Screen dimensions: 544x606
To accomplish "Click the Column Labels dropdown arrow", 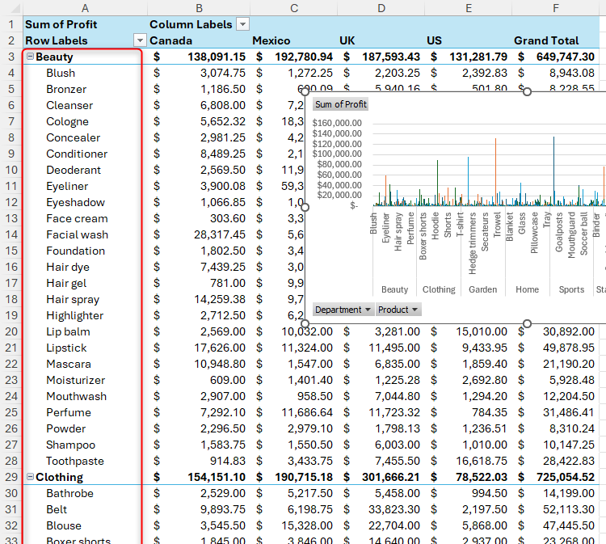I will [242, 24].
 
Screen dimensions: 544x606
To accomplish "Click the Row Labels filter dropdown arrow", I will [140, 40].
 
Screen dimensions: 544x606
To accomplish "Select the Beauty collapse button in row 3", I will [30, 57].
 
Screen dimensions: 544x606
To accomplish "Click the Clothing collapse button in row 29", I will [30, 478].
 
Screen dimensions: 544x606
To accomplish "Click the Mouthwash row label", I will [76, 396].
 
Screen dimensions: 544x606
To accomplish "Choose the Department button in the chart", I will [343, 310].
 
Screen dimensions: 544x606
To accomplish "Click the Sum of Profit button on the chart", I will [340, 104].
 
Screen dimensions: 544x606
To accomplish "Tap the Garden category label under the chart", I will [482, 289].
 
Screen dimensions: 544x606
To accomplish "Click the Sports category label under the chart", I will [571, 289].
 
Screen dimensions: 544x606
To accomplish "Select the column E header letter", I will [469, 8].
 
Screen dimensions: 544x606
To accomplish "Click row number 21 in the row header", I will [11, 348].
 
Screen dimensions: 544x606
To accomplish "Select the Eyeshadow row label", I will [75, 202].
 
